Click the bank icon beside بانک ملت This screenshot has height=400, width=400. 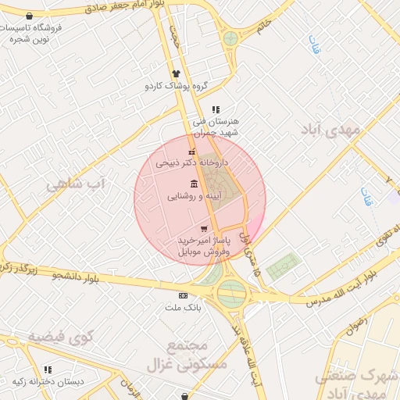coord(184,295)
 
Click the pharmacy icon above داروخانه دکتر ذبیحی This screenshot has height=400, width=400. coord(192,152)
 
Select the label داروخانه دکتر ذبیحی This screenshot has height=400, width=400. coord(192,164)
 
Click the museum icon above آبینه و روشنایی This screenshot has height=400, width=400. coord(194,184)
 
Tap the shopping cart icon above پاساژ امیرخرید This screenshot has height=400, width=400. coord(204,229)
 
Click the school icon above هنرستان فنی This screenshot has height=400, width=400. coord(216,109)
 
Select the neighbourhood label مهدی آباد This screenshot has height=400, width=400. coord(330,130)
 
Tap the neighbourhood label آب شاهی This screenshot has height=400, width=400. coord(76,185)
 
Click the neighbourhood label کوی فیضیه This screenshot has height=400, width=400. coord(61,337)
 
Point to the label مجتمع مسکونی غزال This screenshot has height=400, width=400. coord(196,355)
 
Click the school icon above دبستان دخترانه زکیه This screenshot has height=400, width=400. coord(48,370)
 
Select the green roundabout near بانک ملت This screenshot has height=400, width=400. coord(232,294)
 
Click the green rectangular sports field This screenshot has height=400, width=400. coord(283,267)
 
